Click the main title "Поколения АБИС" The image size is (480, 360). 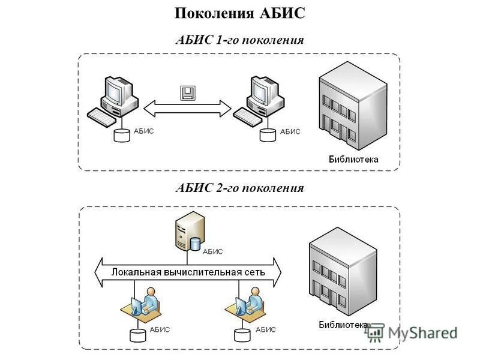coord(240,14)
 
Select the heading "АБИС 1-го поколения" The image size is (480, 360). coord(240,40)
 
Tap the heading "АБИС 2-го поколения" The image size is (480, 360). coord(240,188)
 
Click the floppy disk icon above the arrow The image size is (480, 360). coord(188,92)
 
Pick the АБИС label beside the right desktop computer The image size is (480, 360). coord(290,131)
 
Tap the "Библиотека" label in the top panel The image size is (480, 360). coord(353,160)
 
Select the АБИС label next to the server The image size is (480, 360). coord(213,252)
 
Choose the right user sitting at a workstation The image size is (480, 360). coord(251,303)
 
